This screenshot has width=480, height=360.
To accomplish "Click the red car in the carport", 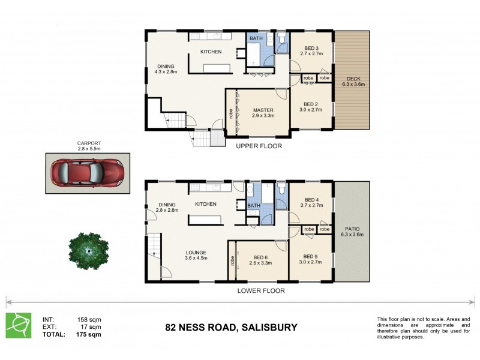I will click(88, 172).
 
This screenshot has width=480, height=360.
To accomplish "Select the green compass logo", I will click(19, 326).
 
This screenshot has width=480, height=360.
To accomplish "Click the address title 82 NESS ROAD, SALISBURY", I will click(231, 328).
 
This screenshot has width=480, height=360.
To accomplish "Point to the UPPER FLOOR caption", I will click(259, 146).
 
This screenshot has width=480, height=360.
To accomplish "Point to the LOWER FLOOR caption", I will click(260, 290).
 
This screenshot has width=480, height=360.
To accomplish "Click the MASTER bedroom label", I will click(263, 110).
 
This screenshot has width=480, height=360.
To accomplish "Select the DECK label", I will click(353, 79).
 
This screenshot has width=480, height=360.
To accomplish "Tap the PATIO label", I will click(353, 229).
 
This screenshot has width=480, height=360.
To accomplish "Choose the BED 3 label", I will click(311, 49).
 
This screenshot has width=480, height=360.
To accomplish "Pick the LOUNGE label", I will click(196, 252).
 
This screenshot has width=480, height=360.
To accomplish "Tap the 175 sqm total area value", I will click(89, 334).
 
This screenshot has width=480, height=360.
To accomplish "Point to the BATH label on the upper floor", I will click(256, 39).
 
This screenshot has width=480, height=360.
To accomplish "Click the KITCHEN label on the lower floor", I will click(205, 204).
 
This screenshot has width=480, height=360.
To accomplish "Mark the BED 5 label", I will click(311, 255).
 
